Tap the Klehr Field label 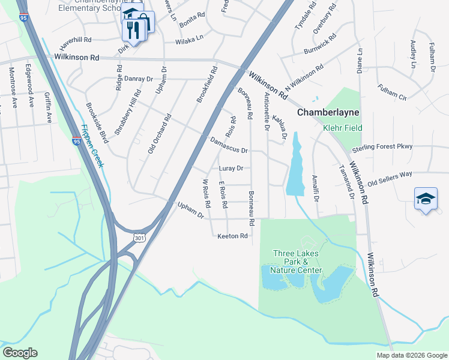[343, 128]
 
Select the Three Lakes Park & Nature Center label [297, 262]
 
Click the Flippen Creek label [92, 147]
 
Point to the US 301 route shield [139, 238]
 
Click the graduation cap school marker [426, 199]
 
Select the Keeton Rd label [232, 236]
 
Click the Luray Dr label [231, 169]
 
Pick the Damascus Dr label [229, 146]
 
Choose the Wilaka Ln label [190, 42]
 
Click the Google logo [19, 353]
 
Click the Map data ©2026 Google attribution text [411, 355]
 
